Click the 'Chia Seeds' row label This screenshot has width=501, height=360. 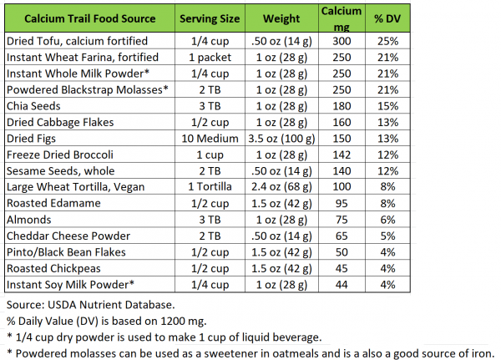click(x=33, y=106)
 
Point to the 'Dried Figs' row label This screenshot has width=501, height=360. click(x=33, y=139)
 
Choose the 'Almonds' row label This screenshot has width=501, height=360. click(x=29, y=221)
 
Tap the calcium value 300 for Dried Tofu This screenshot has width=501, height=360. click(x=341, y=41)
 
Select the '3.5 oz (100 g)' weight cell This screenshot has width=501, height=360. click(x=281, y=139)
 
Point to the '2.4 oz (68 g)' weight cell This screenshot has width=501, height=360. click(x=281, y=188)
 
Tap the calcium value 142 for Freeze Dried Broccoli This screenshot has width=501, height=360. click(x=341, y=155)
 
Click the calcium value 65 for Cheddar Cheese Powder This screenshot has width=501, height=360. click(x=341, y=236)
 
